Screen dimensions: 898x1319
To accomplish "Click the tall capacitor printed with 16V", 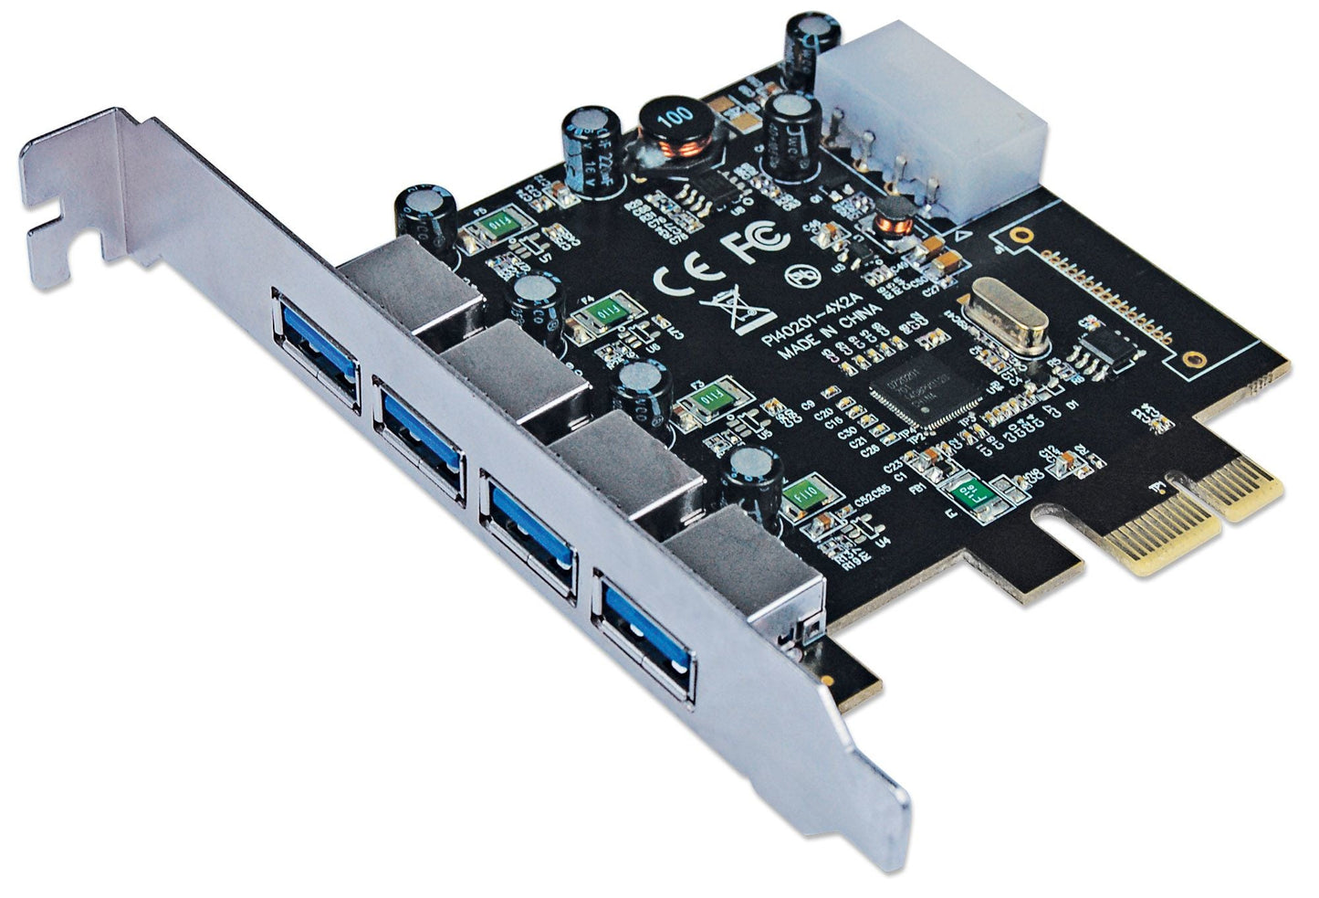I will [x=591, y=151].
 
